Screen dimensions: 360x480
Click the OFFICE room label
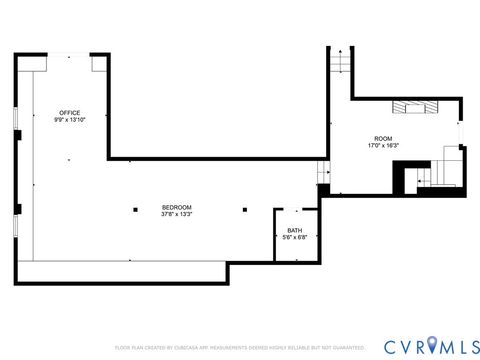69,112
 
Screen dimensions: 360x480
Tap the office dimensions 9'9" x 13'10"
69,120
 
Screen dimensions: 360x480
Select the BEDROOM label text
176,207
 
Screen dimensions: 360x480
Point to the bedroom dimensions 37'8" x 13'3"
176,214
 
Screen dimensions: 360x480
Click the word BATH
294,229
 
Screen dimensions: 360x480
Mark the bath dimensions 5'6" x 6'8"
294,236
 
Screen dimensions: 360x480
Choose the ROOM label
383,138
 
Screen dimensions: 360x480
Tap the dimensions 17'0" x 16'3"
383,146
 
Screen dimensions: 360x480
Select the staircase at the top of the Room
342,61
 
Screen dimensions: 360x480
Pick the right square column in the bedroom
245,209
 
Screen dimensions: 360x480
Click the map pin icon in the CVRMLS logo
433,344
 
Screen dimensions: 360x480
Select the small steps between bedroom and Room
323,171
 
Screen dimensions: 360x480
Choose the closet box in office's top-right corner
99,63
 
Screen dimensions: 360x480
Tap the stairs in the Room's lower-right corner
441,173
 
